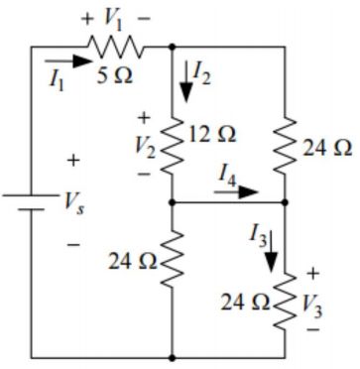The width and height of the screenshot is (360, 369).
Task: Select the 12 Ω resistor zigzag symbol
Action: [174, 145]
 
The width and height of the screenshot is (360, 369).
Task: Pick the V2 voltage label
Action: [145, 146]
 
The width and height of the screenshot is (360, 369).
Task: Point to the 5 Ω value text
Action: [115, 76]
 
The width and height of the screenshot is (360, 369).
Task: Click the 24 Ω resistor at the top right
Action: [286, 146]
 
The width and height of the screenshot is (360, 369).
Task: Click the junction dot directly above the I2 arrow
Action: [174, 46]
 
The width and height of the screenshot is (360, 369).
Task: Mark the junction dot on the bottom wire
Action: [174, 355]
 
